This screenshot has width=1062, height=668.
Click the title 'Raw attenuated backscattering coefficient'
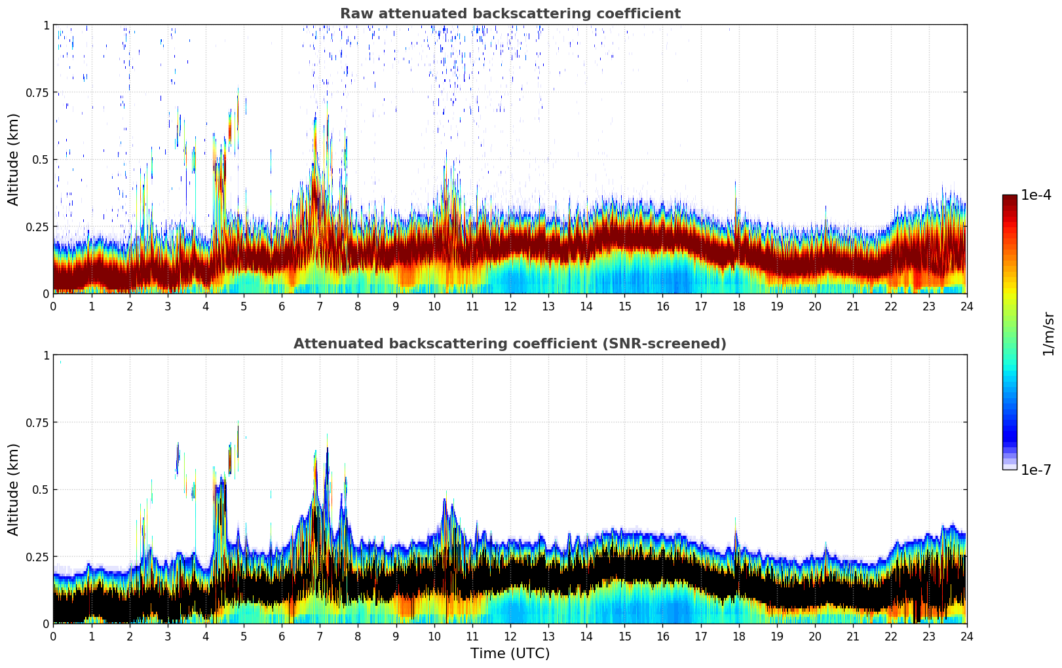(510, 14)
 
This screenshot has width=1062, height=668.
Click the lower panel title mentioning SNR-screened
(510, 344)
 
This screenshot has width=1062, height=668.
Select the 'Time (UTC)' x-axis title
(510, 654)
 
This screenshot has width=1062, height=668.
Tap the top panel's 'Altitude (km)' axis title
(14, 159)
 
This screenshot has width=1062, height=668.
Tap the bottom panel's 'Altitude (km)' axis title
(14, 489)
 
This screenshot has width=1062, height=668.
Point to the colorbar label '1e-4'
(1036, 195)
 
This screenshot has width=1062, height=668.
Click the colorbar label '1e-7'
(1036, 470)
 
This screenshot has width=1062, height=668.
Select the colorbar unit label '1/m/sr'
(1048, 333)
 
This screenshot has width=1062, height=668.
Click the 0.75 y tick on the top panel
(37, 92)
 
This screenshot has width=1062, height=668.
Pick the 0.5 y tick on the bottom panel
(41, 490)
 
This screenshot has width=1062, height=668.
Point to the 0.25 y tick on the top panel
(37, 227)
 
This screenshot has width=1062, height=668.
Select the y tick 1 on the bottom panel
(46, 356)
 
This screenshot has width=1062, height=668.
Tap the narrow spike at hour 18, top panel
(735, 196)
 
